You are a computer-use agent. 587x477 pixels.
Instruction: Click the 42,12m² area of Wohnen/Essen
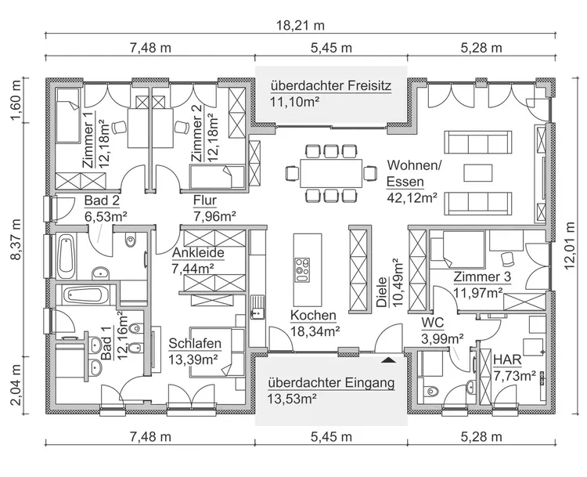point(412,198)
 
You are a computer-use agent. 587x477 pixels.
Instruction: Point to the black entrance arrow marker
point(387,360)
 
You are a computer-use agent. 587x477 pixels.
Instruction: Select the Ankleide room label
point(199,253)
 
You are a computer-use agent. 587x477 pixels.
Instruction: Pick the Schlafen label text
point(195,343)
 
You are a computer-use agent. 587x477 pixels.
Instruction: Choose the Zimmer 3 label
point(482,277)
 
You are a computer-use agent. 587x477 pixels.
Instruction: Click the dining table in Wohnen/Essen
point(324,170)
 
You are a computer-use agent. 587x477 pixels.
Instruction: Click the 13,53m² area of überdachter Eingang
point(291,399)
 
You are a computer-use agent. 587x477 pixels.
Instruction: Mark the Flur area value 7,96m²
point(215,215)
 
